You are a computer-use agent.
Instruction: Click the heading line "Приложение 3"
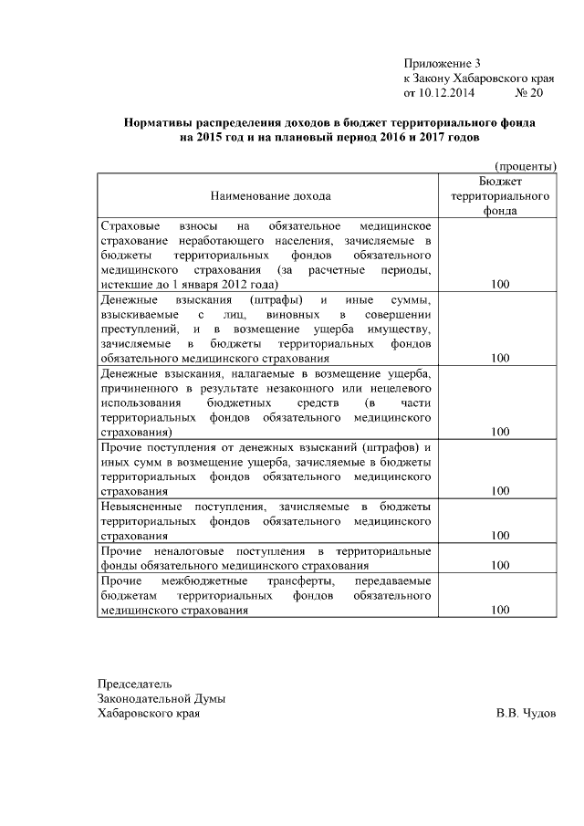[x=442, y=63]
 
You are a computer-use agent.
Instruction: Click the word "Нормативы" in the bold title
[x=162, y=122]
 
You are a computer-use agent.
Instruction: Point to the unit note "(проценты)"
[x=526, y=166]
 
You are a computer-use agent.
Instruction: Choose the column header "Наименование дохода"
[x=271, y=195]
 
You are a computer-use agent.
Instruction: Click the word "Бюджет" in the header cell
[x=499, y=182]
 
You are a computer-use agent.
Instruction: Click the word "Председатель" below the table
[x=134, y=684]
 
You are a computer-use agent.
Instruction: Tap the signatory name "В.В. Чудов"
[x=525, y=714]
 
